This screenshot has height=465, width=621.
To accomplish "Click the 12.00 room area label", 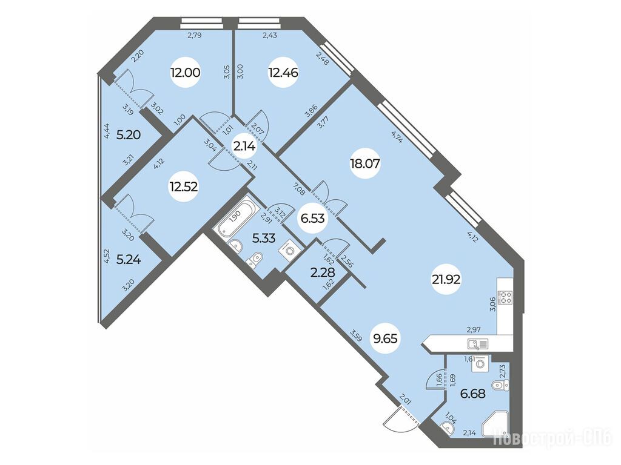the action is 186,73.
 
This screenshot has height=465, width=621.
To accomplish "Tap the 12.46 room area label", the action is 283,73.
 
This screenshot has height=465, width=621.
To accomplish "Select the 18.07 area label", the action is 365,163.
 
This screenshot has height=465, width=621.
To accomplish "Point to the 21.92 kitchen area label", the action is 446,280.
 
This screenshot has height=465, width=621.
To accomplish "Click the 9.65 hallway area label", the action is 384,338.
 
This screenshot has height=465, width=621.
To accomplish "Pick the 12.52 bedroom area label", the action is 183,186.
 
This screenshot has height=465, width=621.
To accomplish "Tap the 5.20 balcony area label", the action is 129,135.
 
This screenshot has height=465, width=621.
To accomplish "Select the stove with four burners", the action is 505,297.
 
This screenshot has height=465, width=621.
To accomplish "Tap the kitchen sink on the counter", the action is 478,344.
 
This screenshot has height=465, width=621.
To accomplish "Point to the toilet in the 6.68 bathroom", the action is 500,384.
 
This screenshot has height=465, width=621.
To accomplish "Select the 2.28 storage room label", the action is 323,273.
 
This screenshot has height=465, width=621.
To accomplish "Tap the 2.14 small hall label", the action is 244,147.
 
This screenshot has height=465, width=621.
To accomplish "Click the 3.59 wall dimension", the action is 356,334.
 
